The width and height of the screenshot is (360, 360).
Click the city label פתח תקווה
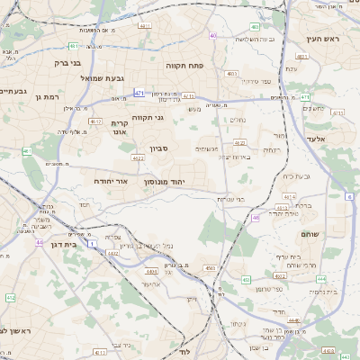(186, 66)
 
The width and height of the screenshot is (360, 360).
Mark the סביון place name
(147, 148)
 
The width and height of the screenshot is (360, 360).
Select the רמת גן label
(44, 96)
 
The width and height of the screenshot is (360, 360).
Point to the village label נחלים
(238, 120)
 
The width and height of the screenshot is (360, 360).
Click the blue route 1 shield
(92, 243)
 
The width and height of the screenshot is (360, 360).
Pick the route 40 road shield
(212, 36)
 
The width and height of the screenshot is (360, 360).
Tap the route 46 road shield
(256, 217)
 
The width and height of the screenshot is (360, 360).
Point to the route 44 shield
(40, 241)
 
